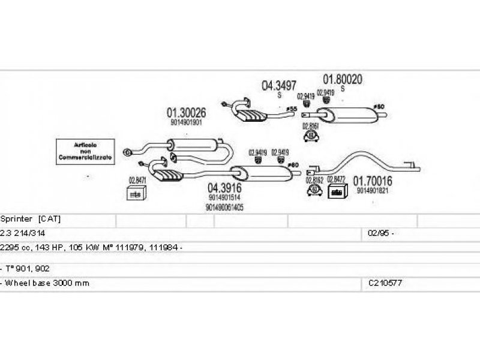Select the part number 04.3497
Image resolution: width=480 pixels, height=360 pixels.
[x=279, y=86]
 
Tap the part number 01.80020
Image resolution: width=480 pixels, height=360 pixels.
[x=343, y=79]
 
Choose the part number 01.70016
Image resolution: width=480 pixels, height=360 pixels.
[x=372, y=181]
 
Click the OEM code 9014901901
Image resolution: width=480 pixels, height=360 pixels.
[x=186, y=122]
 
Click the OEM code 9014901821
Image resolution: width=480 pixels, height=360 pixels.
[x=373, y=191]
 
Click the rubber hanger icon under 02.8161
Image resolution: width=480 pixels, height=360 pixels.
[x=310, y=136]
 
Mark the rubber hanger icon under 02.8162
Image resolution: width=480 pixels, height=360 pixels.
[x=314, y=190]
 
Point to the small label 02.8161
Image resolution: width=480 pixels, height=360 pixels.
[x=310, y=125]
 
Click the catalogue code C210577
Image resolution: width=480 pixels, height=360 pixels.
[x=385, y=283]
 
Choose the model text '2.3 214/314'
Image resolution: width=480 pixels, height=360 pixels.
[x=24, y=232]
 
